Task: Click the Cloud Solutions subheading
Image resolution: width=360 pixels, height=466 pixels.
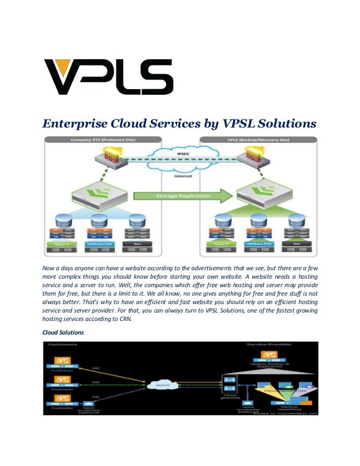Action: [x=63, y=333]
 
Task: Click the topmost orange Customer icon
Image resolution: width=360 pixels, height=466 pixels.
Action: [x=58, y=360]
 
